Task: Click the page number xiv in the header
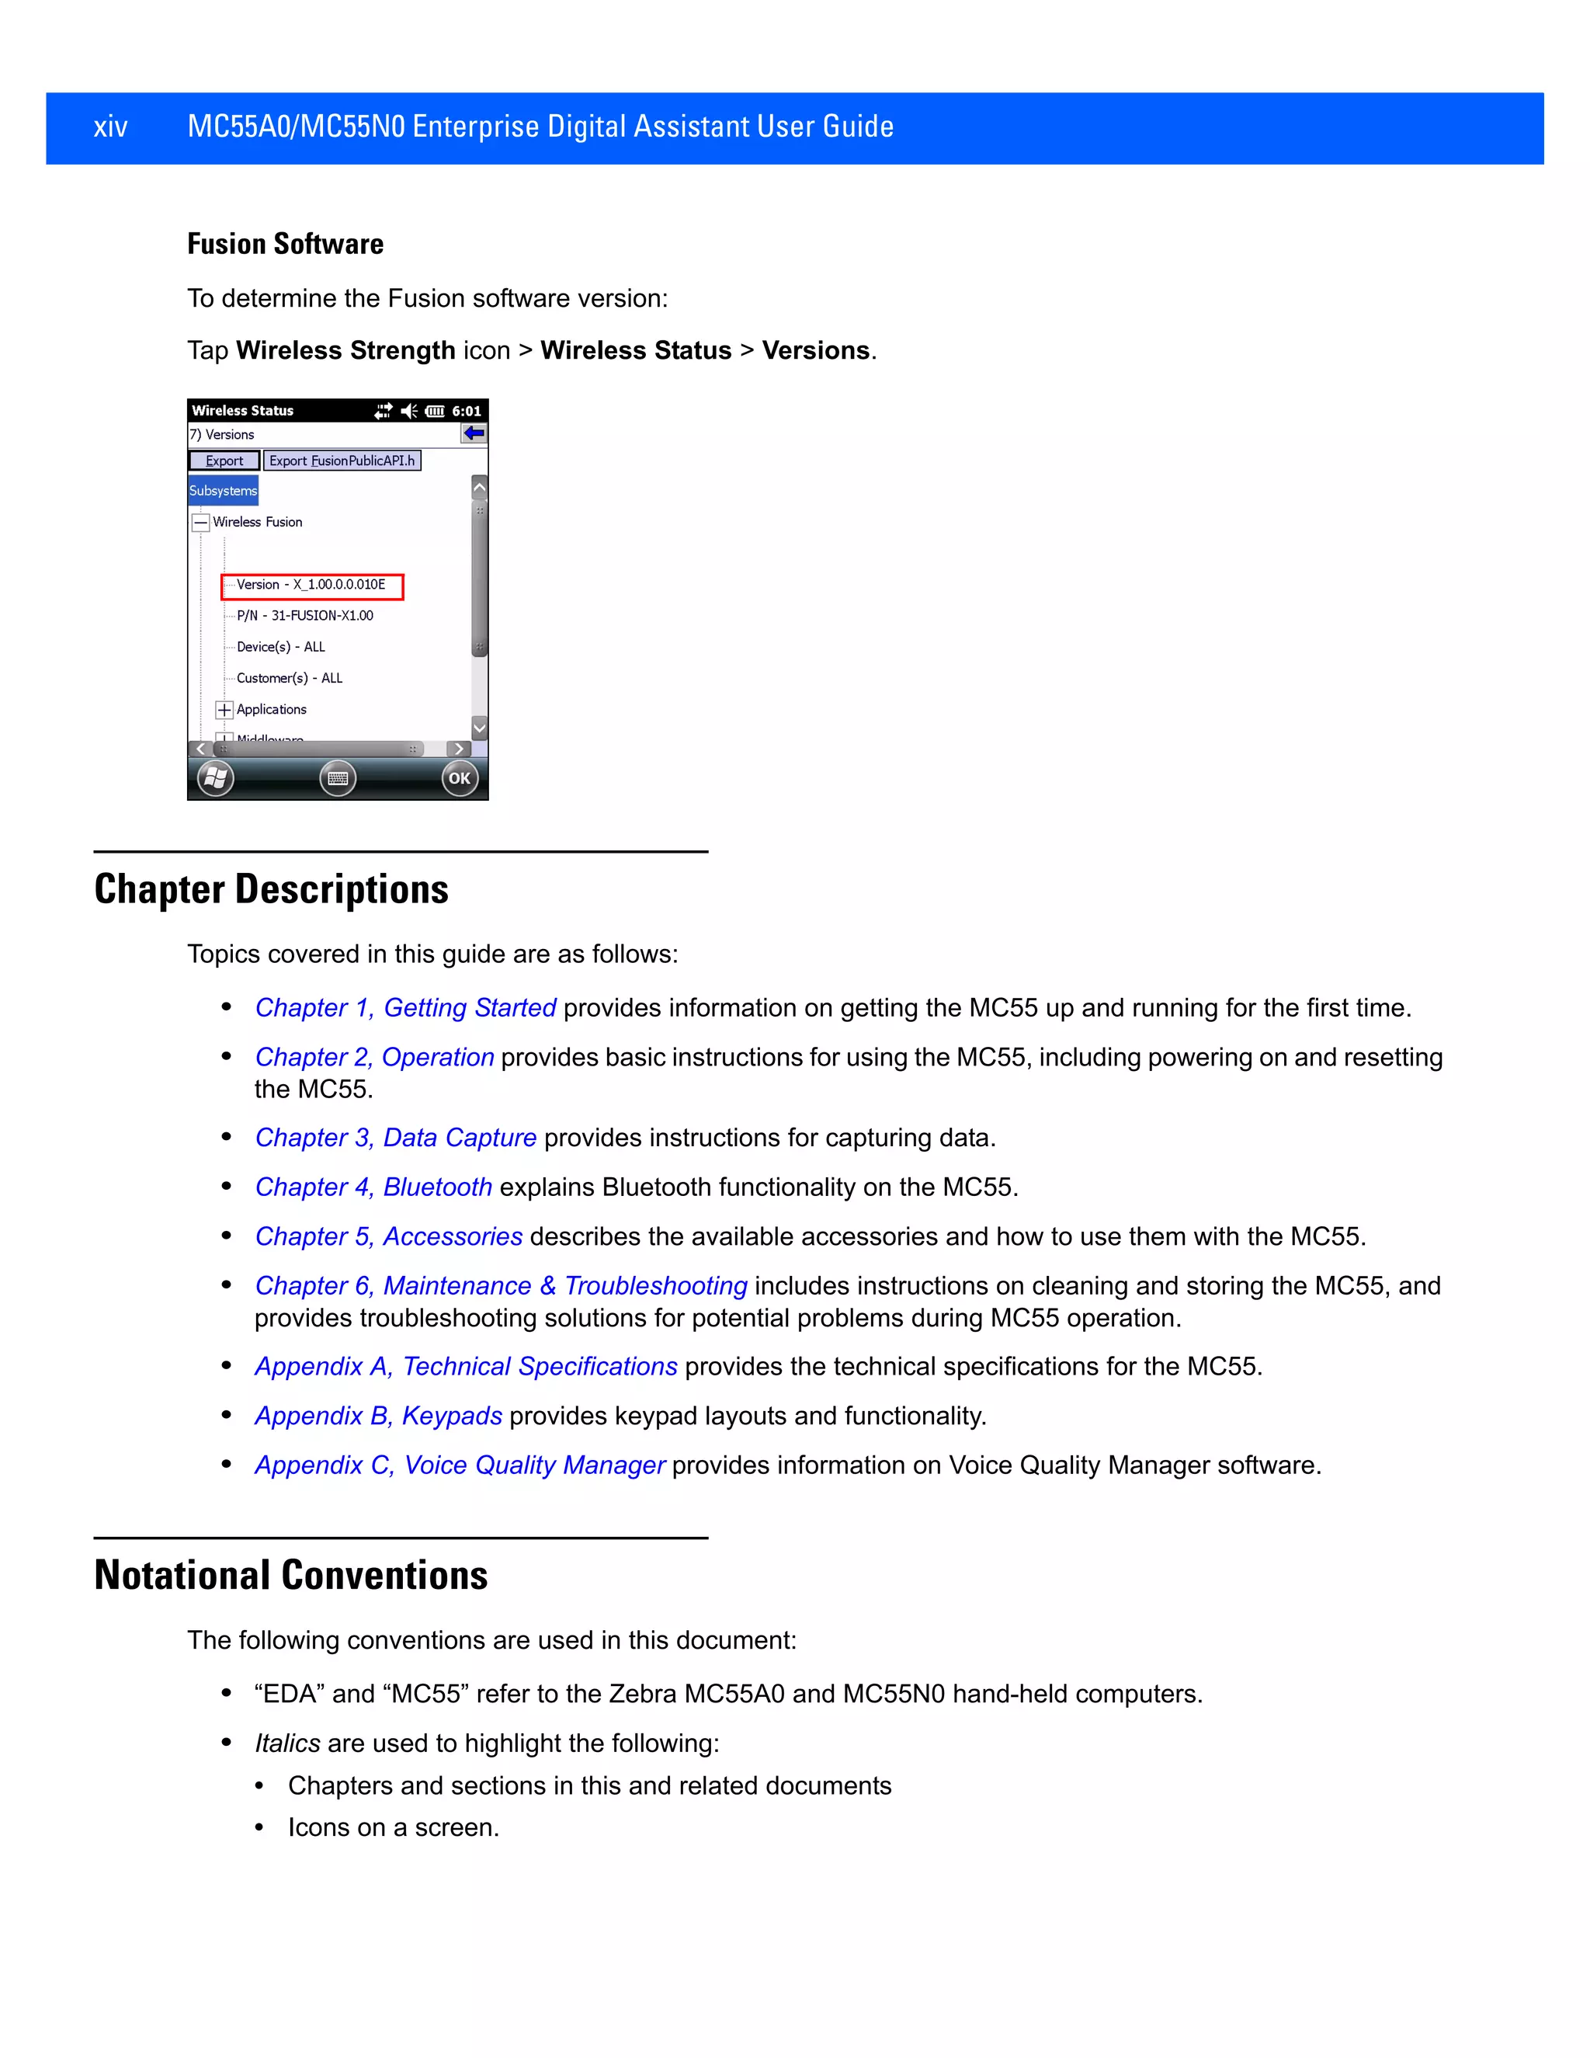coord(110,127)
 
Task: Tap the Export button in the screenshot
coord(224,461)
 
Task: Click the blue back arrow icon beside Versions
coord(473,433)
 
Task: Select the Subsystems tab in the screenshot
coord(224,491)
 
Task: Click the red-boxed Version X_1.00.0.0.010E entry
coord(312,586)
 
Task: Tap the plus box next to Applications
coord(224,710)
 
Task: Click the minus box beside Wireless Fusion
coord(200,523)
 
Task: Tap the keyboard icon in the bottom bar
coord(337,778)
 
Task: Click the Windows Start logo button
coord(216,778)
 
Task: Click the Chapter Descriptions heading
coord(271,889)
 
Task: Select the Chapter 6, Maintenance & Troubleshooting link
coord(501,1286)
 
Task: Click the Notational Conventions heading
coord(291,1576)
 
